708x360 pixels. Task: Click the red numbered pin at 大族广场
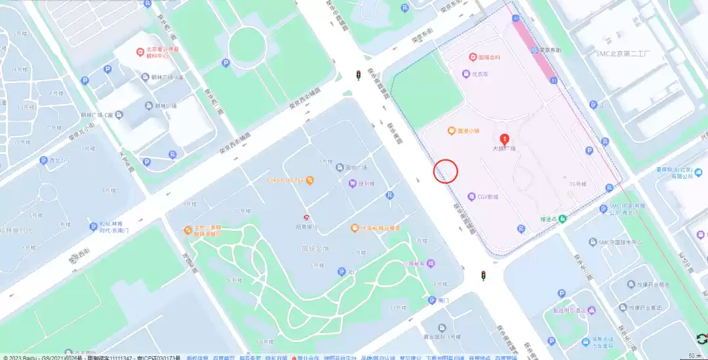pos(504,139)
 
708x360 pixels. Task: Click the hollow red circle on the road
pos(446,171)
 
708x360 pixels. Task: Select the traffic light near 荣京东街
pos(358,75)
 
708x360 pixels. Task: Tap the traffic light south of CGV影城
pos(484,275)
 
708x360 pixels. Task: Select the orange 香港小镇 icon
pos(452,131)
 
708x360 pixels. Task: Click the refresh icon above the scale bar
pos(701,338)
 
